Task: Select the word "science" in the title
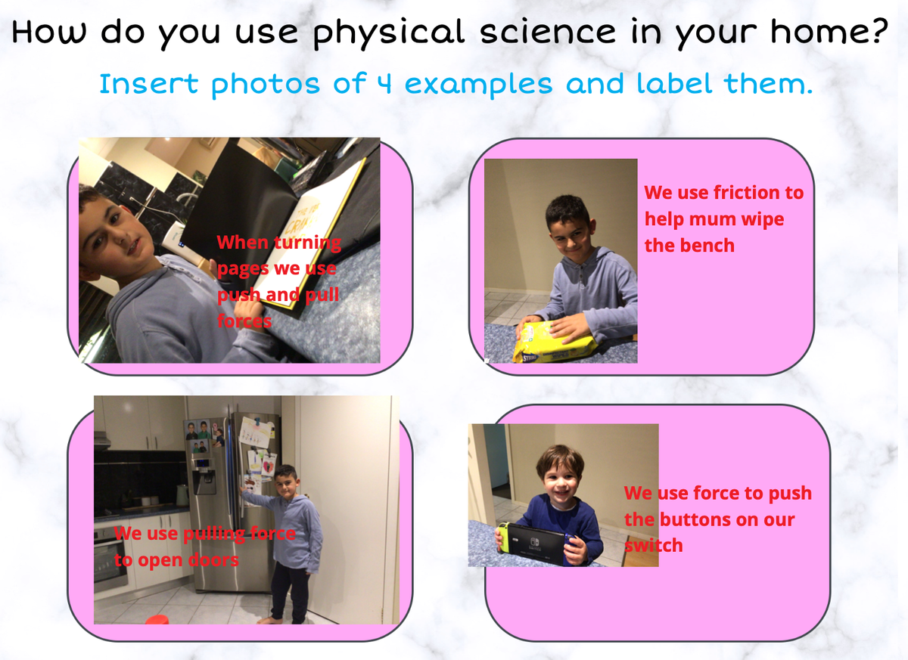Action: point(548,31)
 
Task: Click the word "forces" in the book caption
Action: point(244,321)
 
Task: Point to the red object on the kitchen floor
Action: point(157,619)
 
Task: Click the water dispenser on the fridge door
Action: point(204,477)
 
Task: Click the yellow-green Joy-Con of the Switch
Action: point(502,538)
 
